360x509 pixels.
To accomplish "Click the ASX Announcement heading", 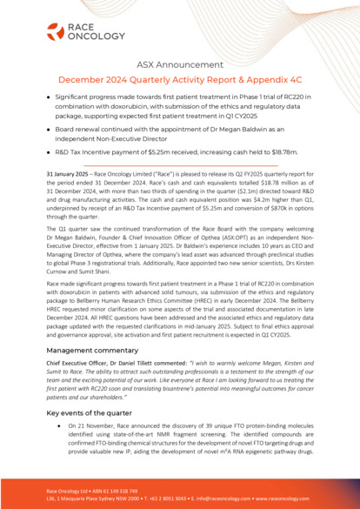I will pos(180,64).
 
